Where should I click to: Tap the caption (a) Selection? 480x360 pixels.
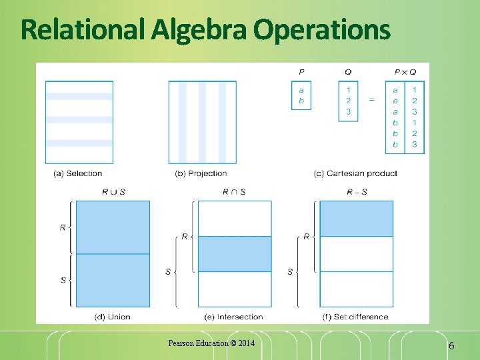coord(77,173)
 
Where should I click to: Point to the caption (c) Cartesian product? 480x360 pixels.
coord(355,173)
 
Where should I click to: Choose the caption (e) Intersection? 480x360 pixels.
coord(235,317)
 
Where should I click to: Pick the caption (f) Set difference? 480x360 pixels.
coord(355,317)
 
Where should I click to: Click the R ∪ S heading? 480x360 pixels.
coord(113,192)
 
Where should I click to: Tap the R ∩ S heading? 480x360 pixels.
coord(234,192)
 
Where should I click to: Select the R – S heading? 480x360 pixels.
coord(356,192)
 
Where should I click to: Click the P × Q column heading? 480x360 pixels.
coord(405,72)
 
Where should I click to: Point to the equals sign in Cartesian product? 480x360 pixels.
coord(371,100)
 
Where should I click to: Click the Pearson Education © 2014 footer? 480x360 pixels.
coord(211,343)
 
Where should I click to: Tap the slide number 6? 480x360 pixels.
coord(451,345)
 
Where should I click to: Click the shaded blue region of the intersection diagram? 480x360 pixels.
coord(235,254)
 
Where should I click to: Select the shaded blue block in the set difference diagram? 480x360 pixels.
coord(356,219)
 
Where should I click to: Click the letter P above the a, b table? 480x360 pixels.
coord(301,72)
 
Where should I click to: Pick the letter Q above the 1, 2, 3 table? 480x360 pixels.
coord(348,72)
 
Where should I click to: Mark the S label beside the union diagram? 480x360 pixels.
coord(63,280)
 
